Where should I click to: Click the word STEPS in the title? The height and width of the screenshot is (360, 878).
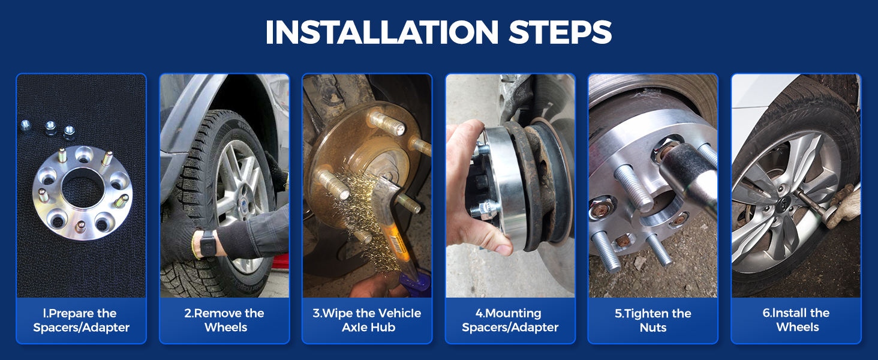pos(560,32)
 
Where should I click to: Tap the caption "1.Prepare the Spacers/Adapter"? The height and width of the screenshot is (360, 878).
pos(81,320)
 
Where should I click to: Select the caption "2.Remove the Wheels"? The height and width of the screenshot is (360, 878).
pos(224,320)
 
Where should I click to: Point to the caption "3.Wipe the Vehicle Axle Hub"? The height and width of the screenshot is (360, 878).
pos(367,320)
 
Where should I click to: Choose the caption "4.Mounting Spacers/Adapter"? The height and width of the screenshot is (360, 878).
pos(510,320)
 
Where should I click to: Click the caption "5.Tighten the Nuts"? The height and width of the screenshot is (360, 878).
pos(653,320)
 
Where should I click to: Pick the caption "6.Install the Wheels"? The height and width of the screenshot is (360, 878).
pos(796,320)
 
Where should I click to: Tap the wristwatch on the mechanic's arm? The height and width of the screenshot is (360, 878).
pos(206,244)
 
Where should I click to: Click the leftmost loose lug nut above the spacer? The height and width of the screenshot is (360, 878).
pos(26,126)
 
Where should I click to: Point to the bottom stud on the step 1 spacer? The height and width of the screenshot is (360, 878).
pos(80,226)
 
